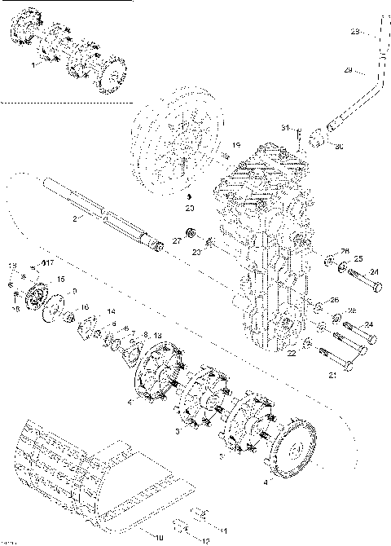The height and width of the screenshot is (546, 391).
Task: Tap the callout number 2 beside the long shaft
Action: click(75, 219)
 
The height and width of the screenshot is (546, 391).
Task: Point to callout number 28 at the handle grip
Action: click(355, 33)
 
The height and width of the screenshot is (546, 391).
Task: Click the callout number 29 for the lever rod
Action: click(347, 71)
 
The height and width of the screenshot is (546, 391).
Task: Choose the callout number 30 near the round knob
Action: click(339, 147)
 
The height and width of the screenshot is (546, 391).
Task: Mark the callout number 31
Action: click(286, 128)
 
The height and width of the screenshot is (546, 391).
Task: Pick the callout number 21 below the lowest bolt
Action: click(332, 376)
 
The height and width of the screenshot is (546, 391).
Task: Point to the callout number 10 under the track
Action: click(159, 539)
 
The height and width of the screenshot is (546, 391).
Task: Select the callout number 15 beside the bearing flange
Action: click(59, 280)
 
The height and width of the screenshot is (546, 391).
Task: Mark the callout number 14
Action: click(112, 312)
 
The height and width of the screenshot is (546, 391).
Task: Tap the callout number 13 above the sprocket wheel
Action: click(157, 337)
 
